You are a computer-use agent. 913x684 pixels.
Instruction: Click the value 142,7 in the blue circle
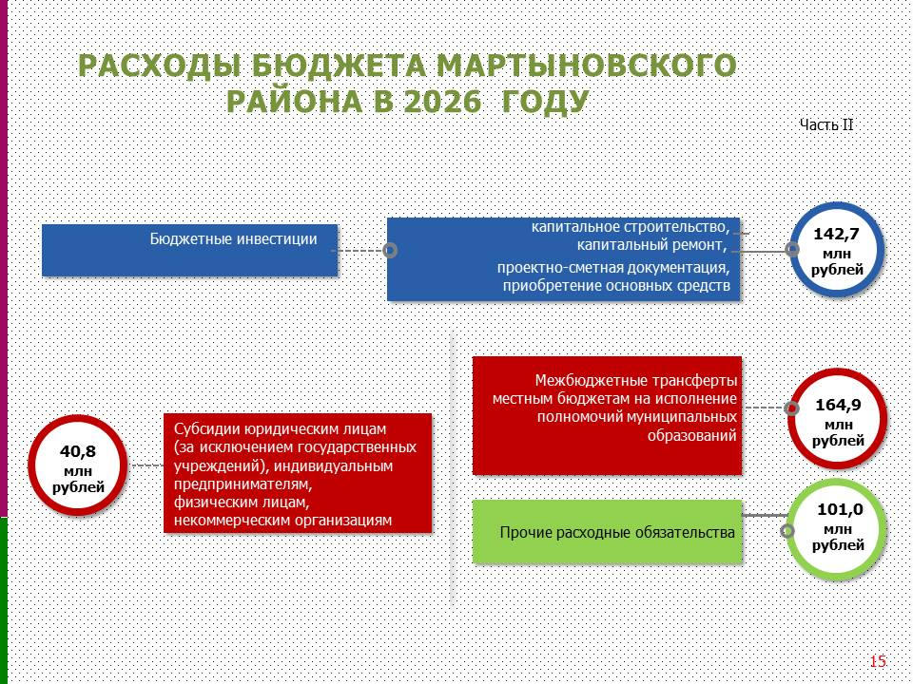pos(836,235)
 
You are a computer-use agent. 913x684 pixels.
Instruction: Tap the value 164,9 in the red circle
pos(838,405)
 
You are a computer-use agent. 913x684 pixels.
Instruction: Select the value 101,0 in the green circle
pos(840,510)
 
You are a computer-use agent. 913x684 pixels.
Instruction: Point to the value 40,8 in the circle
pos(78,451)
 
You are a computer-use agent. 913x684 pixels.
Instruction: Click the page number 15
pos(878,661)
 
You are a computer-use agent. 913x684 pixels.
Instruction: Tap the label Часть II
pos(826,125)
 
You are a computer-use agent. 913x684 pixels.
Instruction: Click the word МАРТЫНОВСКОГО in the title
pos(587,66)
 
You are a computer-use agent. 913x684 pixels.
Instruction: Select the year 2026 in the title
pos(442,102)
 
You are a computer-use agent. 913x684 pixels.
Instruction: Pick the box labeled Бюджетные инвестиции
pos(190,250)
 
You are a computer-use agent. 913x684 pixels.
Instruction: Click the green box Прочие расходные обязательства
pos(608,532)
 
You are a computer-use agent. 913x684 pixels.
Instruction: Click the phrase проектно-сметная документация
pos(613,268)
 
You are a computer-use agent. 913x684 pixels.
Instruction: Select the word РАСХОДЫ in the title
pos(160,66)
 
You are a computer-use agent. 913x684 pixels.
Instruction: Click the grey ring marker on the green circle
pos(787,530)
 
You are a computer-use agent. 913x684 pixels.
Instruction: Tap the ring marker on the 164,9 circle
pos(791,408)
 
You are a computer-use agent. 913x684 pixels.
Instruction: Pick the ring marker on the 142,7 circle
pos(792,250)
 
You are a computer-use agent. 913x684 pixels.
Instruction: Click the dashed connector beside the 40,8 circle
pos(146,465)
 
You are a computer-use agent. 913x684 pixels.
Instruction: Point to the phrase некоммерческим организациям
pos(283,520)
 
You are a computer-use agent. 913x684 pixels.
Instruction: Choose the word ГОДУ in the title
pos(544,102)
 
